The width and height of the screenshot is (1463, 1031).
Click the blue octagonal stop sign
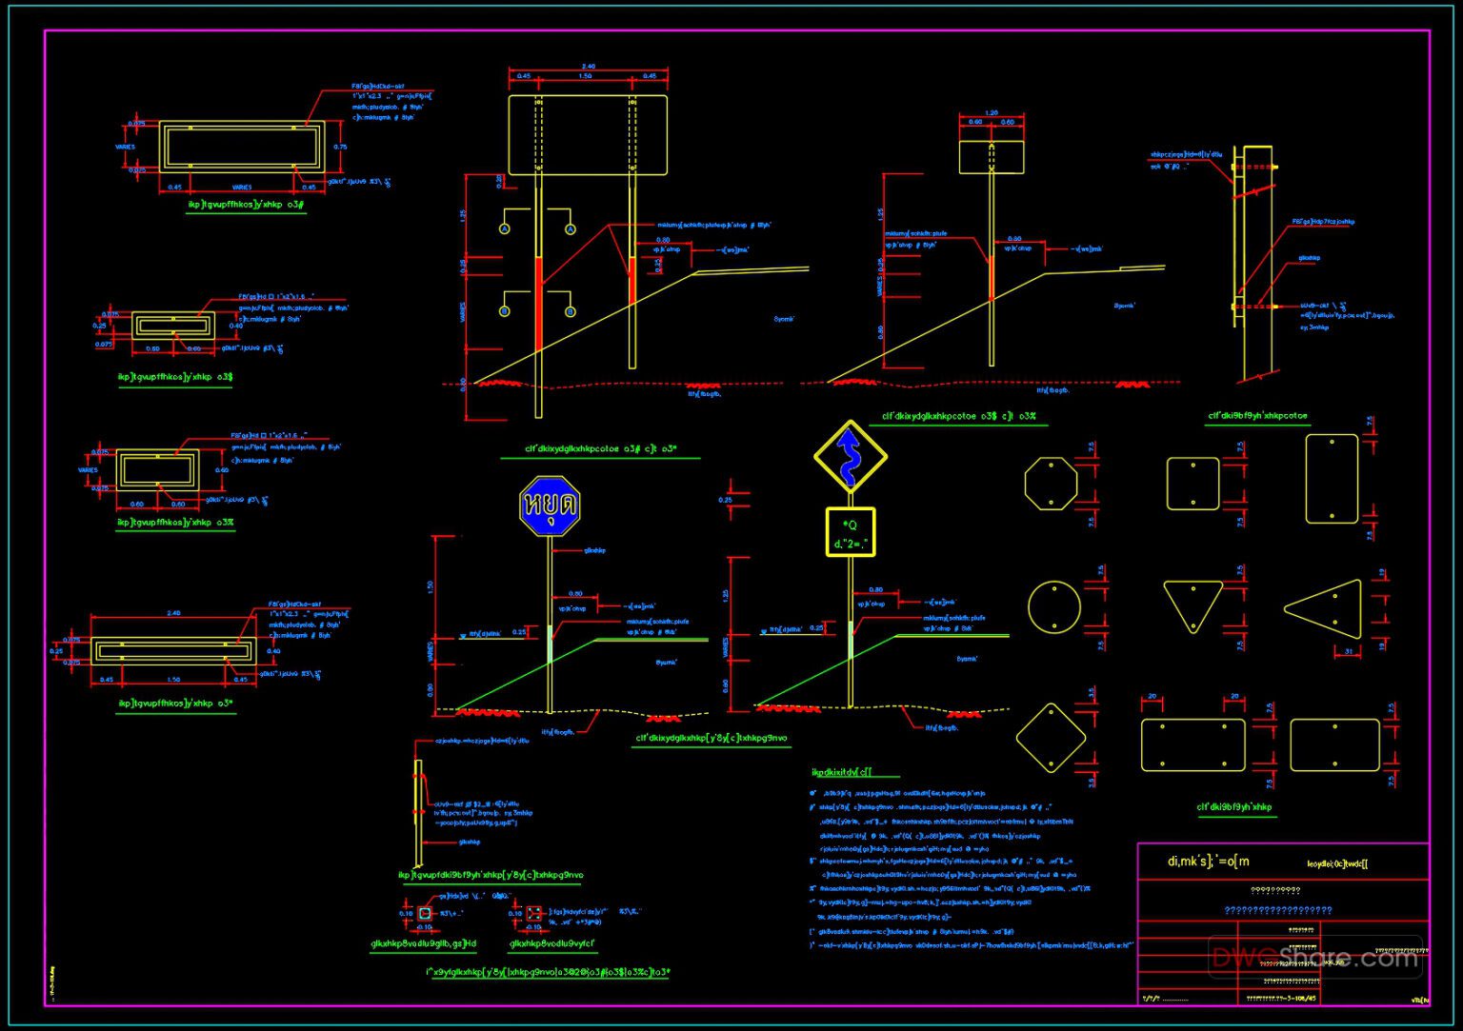550,506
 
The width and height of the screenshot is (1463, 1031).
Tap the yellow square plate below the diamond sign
850,532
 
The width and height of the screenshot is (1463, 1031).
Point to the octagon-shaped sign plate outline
1051,484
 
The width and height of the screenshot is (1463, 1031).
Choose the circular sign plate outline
1054,606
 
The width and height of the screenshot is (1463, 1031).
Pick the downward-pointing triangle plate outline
1192,603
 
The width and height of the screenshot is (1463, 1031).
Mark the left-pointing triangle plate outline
1327,606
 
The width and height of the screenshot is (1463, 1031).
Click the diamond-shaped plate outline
1051,738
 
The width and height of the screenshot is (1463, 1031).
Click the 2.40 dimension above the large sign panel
588,67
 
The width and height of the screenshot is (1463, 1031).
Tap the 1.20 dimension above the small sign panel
992,113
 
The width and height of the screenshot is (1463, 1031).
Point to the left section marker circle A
505,228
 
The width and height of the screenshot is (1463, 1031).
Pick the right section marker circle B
571,311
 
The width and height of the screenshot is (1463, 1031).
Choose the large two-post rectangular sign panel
588,134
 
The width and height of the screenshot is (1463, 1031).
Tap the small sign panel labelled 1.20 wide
992,157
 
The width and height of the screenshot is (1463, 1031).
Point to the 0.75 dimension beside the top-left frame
340,147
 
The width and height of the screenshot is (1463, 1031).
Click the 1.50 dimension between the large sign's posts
585,76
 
